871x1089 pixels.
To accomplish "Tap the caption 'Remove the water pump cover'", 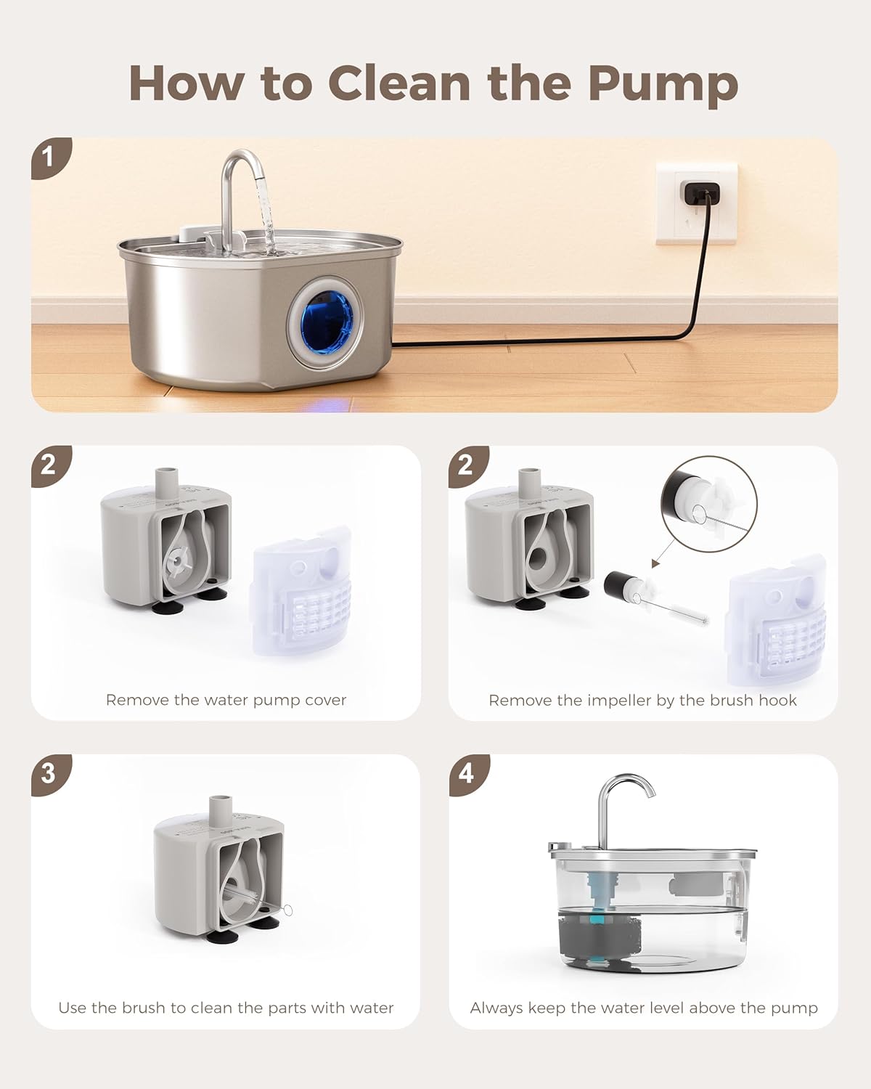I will pyautogui.click(x=226, y=700).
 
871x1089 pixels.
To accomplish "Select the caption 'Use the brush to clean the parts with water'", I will pyautogui.click(x=226, y=1008).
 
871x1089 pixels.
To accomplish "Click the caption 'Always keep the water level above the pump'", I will pyautogui.click(x=644, y=1008).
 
